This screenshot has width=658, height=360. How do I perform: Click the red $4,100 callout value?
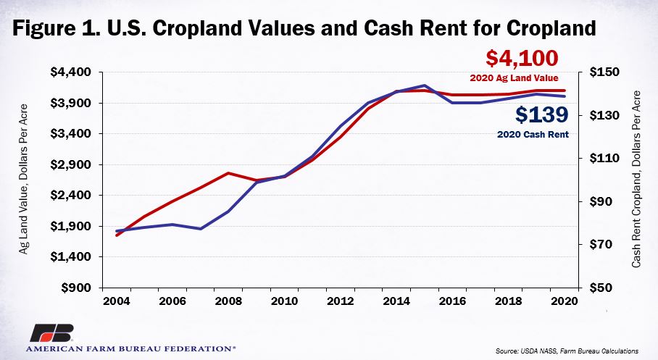coord(522,59)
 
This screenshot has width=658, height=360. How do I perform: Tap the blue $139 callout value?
coord(542,114)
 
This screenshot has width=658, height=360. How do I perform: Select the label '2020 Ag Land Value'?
coord(514,78)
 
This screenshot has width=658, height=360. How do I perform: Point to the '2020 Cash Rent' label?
coord(533,135)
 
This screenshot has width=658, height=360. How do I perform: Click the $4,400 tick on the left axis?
coord(70,72)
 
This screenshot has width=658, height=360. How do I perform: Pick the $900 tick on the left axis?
coord(76,288)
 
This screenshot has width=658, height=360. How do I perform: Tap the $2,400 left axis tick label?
coord(70,195)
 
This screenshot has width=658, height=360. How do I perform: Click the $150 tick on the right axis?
coord(604,72)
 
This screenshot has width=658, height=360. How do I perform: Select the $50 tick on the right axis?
coord(604,288)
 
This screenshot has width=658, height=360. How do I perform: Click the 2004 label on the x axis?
coord(116,301)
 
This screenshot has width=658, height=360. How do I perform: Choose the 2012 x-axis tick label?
coord(341,301)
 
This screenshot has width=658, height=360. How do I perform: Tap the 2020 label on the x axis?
coord(565,301)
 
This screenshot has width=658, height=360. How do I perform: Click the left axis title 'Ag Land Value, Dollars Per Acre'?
coord(23,179)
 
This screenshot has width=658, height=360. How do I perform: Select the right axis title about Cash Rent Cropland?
coord(636,179)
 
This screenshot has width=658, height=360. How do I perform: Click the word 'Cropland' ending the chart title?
coord(551,28)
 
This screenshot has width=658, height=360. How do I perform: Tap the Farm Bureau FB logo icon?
coord(51,333)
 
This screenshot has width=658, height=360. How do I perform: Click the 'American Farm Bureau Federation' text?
coord(130,348)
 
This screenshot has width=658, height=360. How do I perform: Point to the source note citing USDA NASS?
coord(567,351)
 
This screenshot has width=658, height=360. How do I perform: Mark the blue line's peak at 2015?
coord(425,85)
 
